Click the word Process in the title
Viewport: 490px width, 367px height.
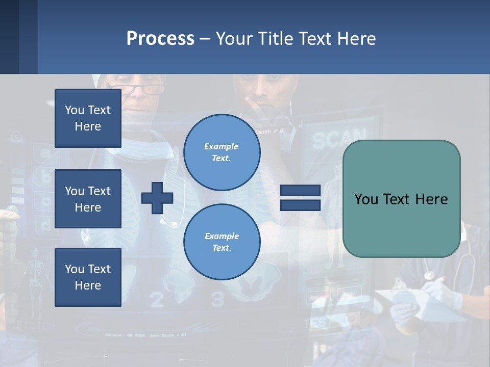coord(160,39)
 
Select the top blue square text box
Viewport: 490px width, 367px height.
coord(88,118)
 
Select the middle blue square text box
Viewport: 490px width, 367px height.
coord(88,199)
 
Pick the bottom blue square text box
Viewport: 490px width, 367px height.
coord(88,277)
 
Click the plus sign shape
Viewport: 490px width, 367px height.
coord(157,198)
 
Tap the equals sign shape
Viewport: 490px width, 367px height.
coord(300,198)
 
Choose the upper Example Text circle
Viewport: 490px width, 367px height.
coord(222,152)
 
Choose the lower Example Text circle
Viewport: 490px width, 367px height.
coord(222,242)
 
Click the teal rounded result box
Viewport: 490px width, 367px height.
coord(401,199)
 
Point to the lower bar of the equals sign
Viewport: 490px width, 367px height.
coord(300,205)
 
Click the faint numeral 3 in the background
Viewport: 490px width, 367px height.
coord(218,300)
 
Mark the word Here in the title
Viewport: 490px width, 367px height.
coord(356,39)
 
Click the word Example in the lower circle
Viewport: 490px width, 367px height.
coord(222,236)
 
